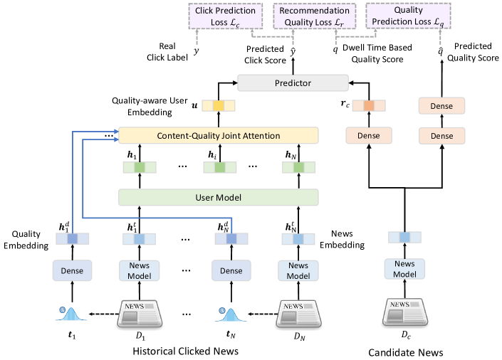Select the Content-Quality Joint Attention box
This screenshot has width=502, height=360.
coord(218,134)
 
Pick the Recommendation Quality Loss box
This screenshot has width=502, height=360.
coord(314,16)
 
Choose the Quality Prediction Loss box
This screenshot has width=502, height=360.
coord(408,16)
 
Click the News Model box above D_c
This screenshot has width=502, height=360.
coord(404,268)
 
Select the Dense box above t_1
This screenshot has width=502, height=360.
coord(71,270)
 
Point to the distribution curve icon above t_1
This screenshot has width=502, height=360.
coord(71,312)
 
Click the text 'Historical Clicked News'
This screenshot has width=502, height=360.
coord(184,351)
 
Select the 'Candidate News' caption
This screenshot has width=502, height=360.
coord(405,351)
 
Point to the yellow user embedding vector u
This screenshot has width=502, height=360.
coord(219,106)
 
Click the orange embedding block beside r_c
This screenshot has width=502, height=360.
coord(368,106)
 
